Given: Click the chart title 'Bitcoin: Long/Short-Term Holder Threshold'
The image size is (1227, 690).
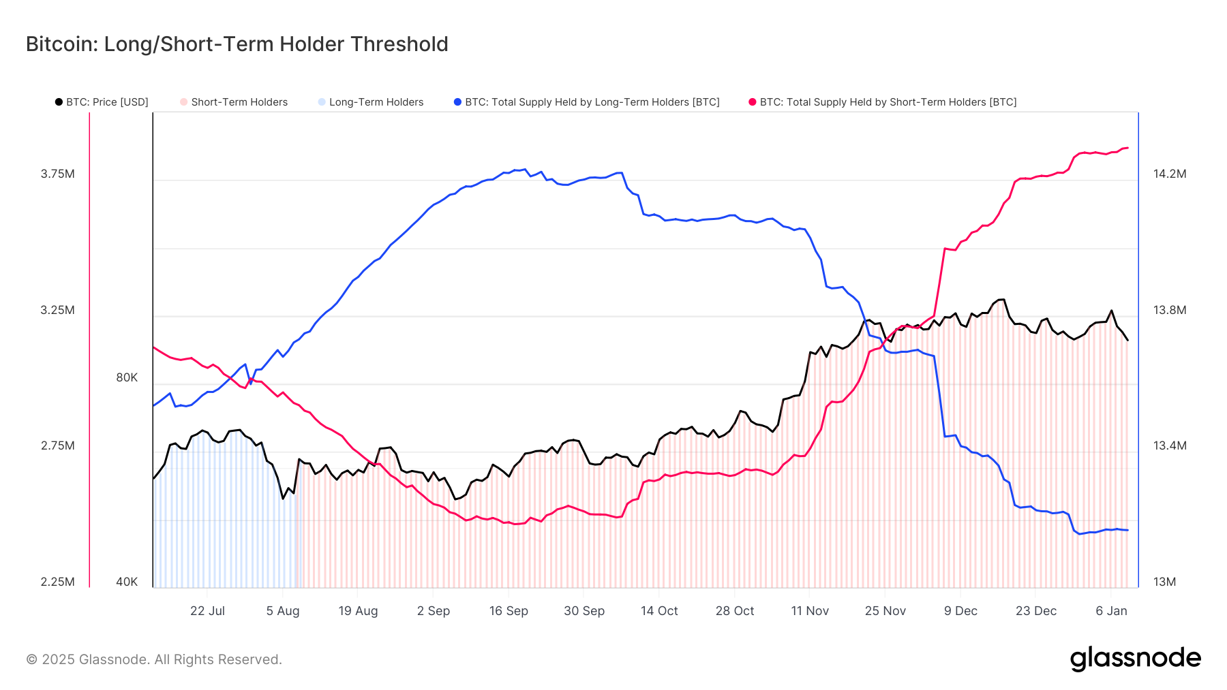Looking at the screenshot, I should click(237, 44).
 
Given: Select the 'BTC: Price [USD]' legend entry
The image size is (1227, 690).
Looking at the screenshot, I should click(102, 102).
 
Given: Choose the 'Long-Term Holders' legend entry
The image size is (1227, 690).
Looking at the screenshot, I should click(371, 102).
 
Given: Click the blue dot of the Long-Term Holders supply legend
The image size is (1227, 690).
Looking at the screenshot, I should click(457, 102).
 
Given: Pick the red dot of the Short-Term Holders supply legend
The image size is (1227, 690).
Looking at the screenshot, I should click(753, 102).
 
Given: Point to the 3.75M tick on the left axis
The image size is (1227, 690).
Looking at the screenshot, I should click(58, 174).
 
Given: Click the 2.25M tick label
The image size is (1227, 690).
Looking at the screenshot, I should click(58, 582).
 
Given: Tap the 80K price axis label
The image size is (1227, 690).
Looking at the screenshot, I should click(127, 377).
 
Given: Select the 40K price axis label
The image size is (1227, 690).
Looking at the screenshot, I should click(127, 582).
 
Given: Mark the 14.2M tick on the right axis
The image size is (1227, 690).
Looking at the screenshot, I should click(1170, 174).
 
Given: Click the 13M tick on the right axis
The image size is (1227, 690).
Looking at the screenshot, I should click(1164, 582).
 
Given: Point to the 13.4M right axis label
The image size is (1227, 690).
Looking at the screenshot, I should click(1170, 445).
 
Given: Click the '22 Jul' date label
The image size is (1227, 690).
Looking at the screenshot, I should click(207, 611).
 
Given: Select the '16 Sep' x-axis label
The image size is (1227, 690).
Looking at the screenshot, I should click(509, 611).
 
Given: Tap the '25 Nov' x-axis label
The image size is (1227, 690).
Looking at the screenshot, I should click(885, 611).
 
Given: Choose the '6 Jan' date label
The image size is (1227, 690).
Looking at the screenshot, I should click(1111, 611).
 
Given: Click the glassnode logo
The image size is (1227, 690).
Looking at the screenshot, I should click(1135, 659).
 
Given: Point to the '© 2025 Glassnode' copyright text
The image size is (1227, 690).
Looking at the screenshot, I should click(154, 659).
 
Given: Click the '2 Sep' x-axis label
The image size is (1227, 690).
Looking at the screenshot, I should click(434, 611).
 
